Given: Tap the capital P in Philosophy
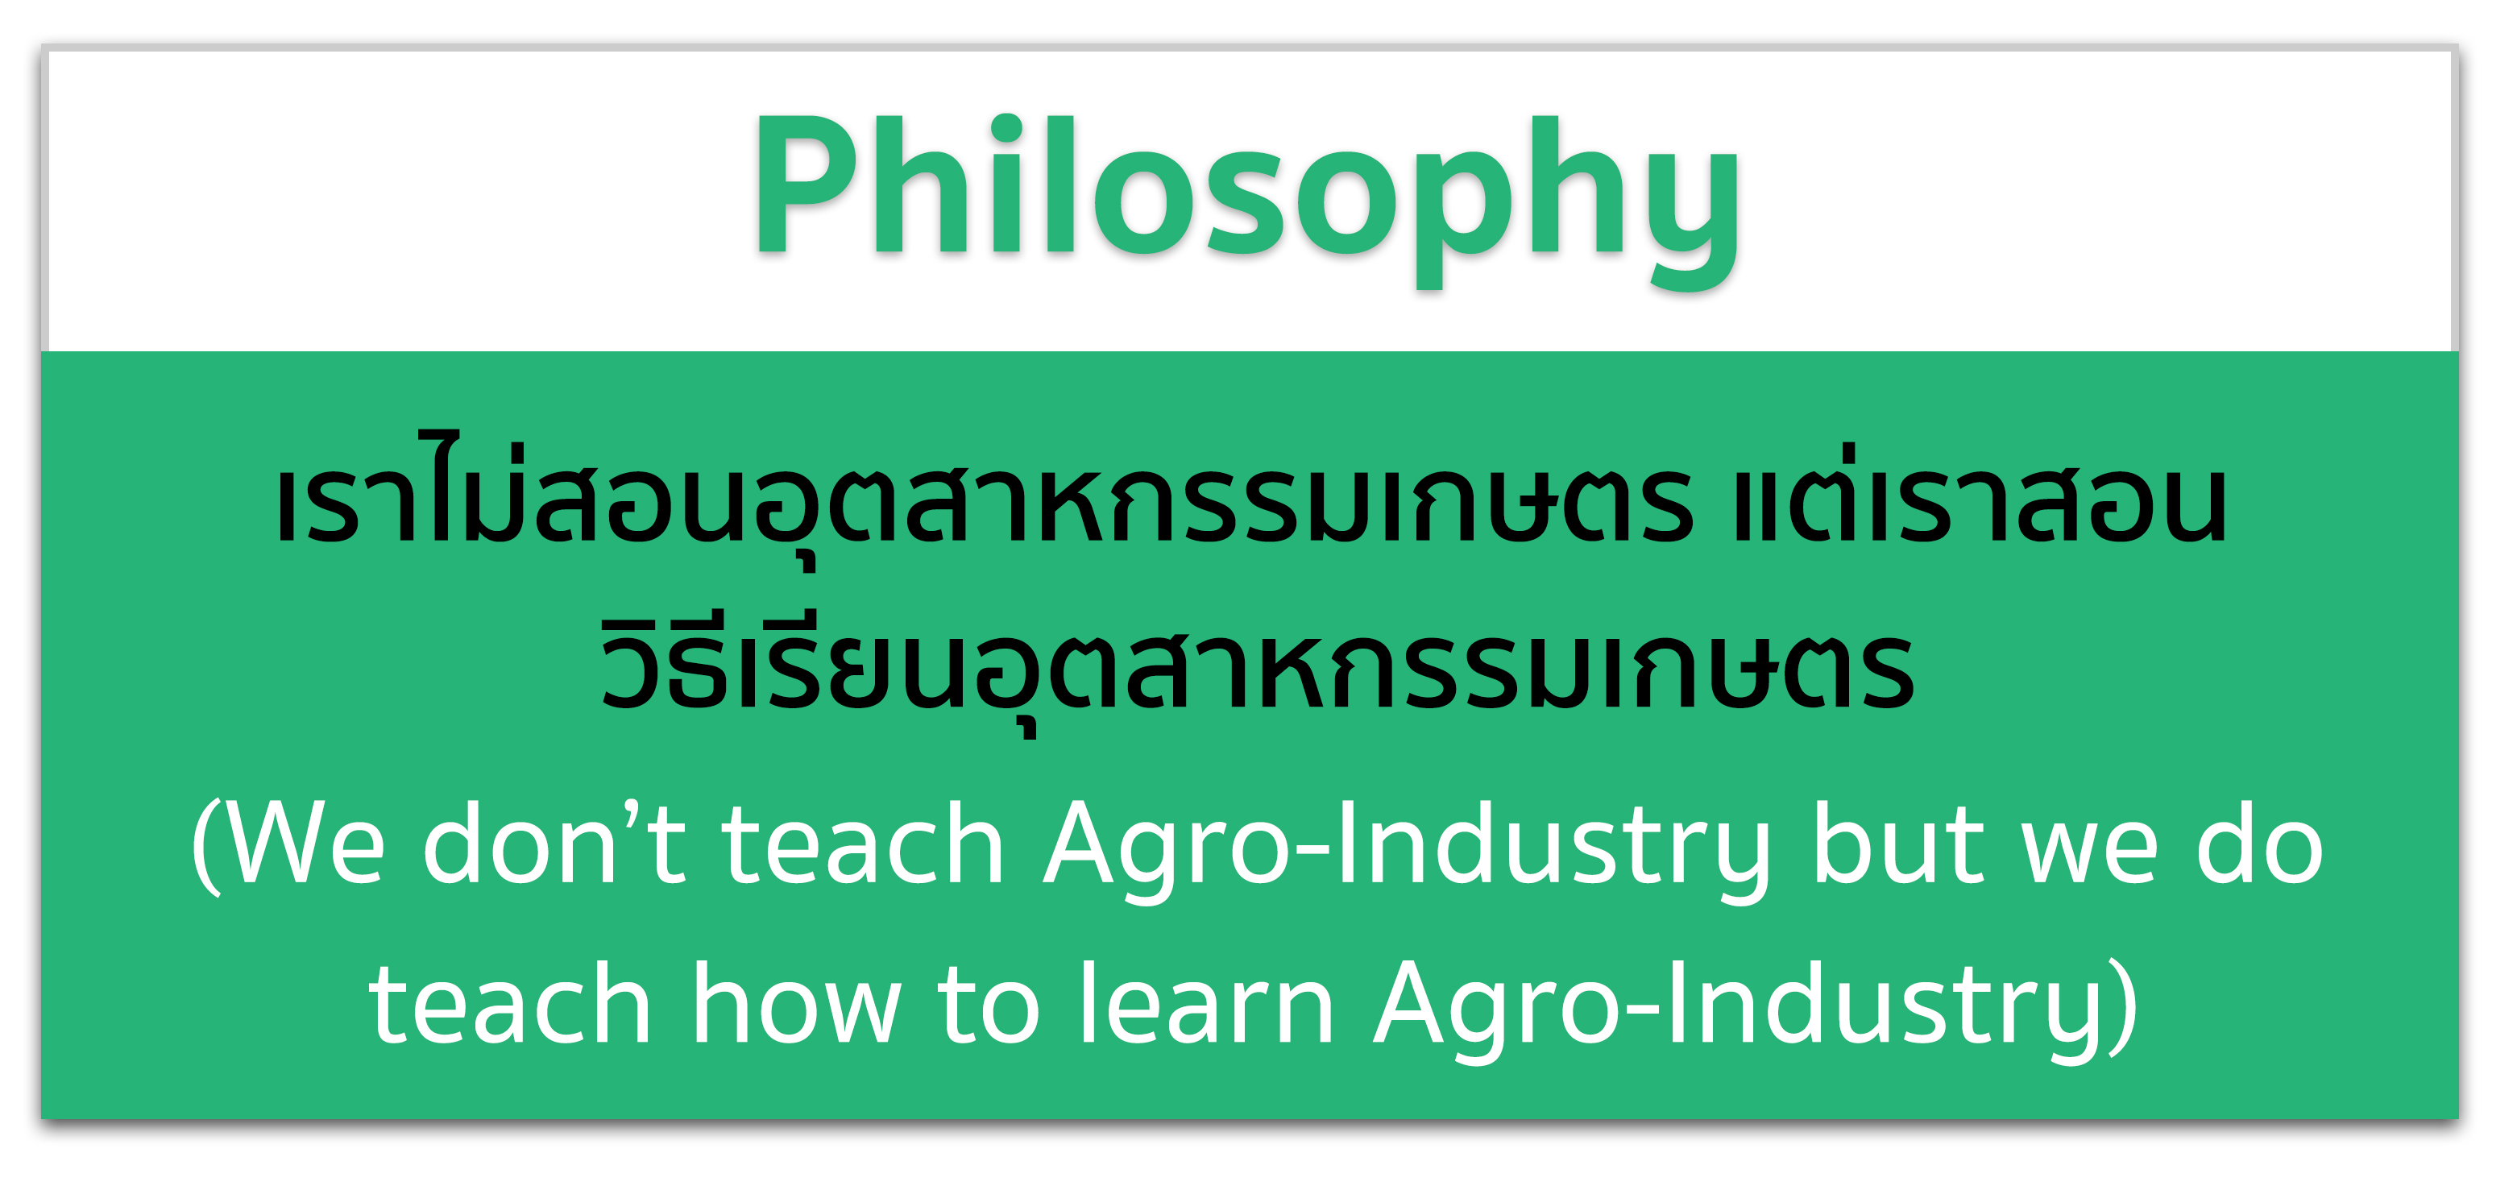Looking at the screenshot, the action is (x=804, y=185).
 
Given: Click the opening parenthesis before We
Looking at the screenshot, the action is (x=207, y=846).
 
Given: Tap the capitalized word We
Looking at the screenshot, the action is (x=308, y=843).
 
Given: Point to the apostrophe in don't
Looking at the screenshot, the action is (x=631, y=813).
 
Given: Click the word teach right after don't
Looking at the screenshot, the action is (x=863, y=842).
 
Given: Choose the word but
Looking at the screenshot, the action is (x=1897, y=842).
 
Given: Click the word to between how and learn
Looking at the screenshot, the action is (x=988, y=1006).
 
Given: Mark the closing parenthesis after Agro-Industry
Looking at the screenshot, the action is (x=2122, y=1006).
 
